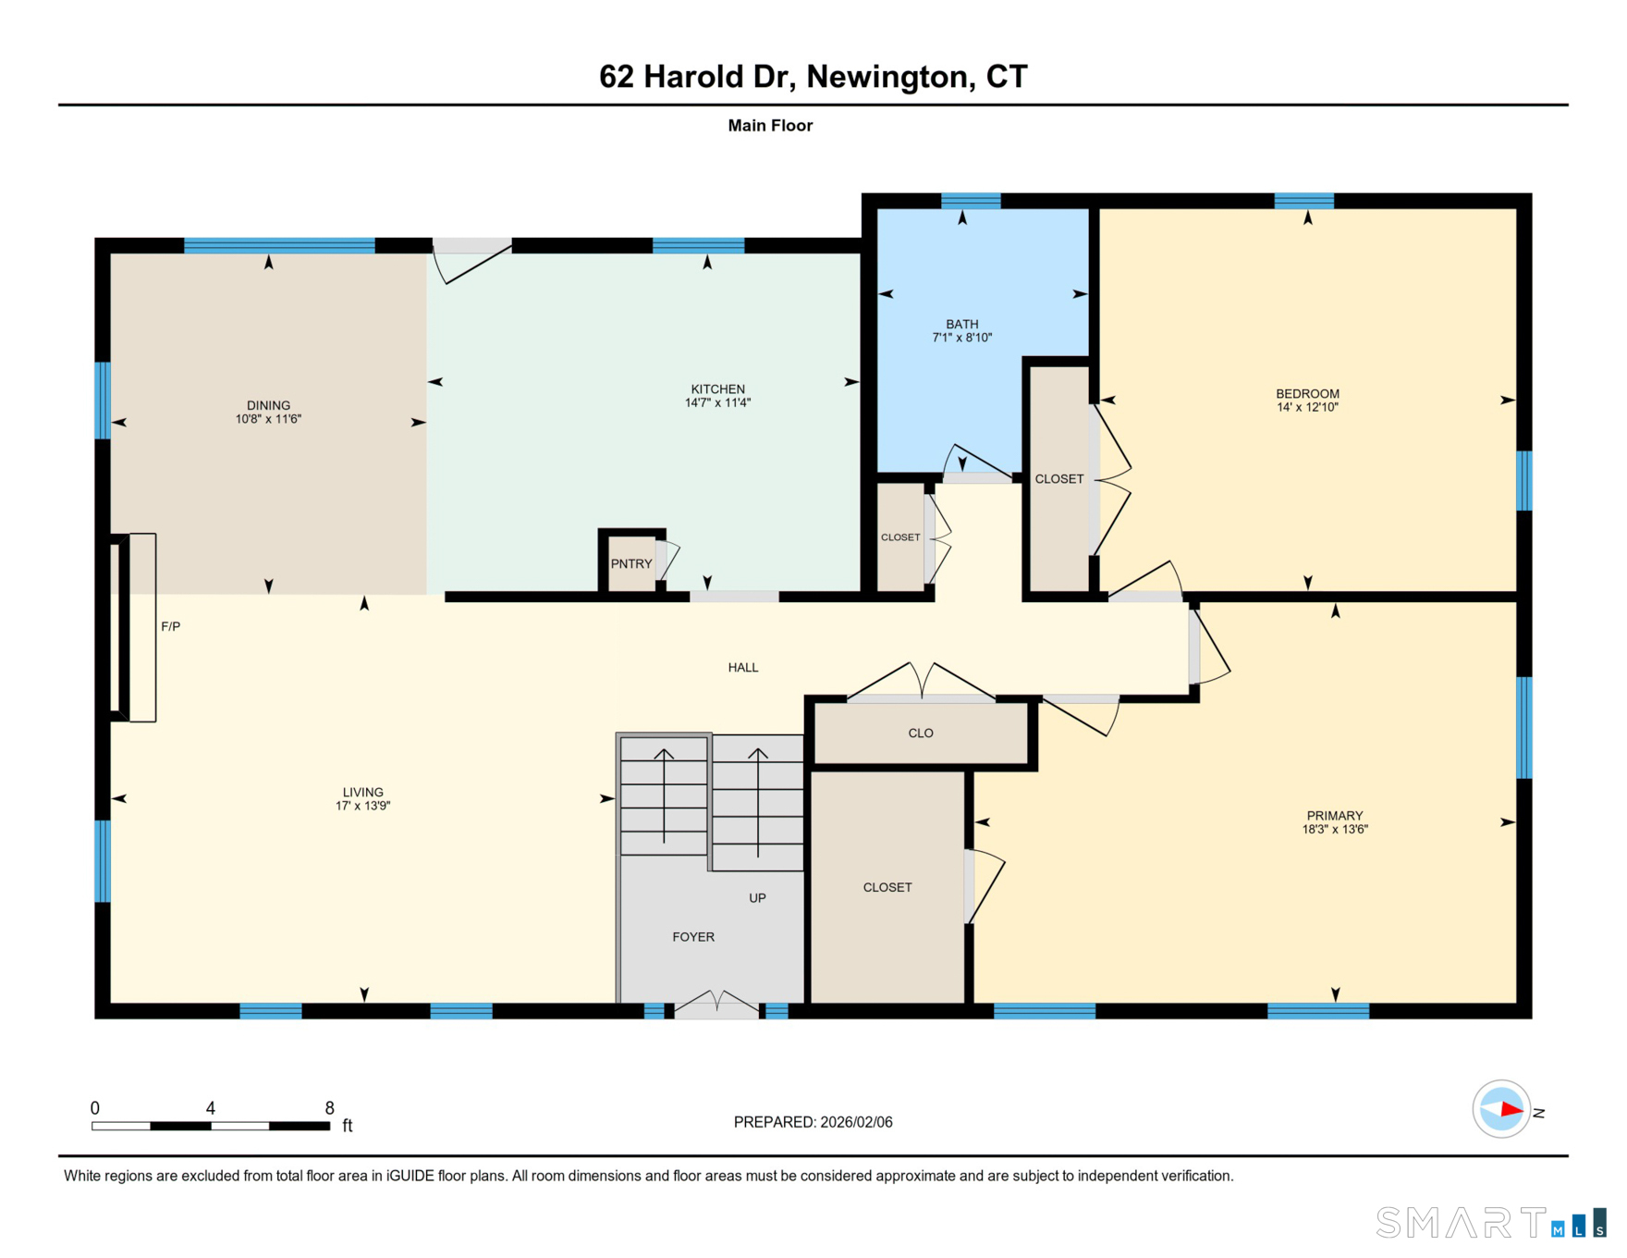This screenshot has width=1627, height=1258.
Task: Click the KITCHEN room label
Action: (717, 389)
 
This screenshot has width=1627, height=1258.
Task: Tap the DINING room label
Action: (268, 406)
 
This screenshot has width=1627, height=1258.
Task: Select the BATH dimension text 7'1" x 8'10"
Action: (961, 338)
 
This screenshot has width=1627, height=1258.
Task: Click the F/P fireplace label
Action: (170, 626)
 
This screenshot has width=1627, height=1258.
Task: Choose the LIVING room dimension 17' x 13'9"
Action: (362, 806)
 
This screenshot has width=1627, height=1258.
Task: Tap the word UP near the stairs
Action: (757, 898)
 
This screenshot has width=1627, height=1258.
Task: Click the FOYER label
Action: (693, 937)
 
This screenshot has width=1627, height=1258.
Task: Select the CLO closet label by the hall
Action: (921, 734)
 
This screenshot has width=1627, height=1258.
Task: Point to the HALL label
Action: (743, 668)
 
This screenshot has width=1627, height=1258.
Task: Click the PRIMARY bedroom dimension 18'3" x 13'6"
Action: (1335, 830)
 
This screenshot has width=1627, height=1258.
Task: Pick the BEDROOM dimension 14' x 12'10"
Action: (1307, 407)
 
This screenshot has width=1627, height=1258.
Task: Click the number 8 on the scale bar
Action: (329, 1108)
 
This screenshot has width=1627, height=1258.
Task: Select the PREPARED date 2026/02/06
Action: (856, 1122)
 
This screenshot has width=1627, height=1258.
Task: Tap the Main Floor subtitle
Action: (770, 126)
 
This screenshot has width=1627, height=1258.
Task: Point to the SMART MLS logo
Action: (1491, 1222)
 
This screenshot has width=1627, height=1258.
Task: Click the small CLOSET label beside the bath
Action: (900, 537)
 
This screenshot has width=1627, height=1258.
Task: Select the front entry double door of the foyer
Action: (716, 1004)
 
